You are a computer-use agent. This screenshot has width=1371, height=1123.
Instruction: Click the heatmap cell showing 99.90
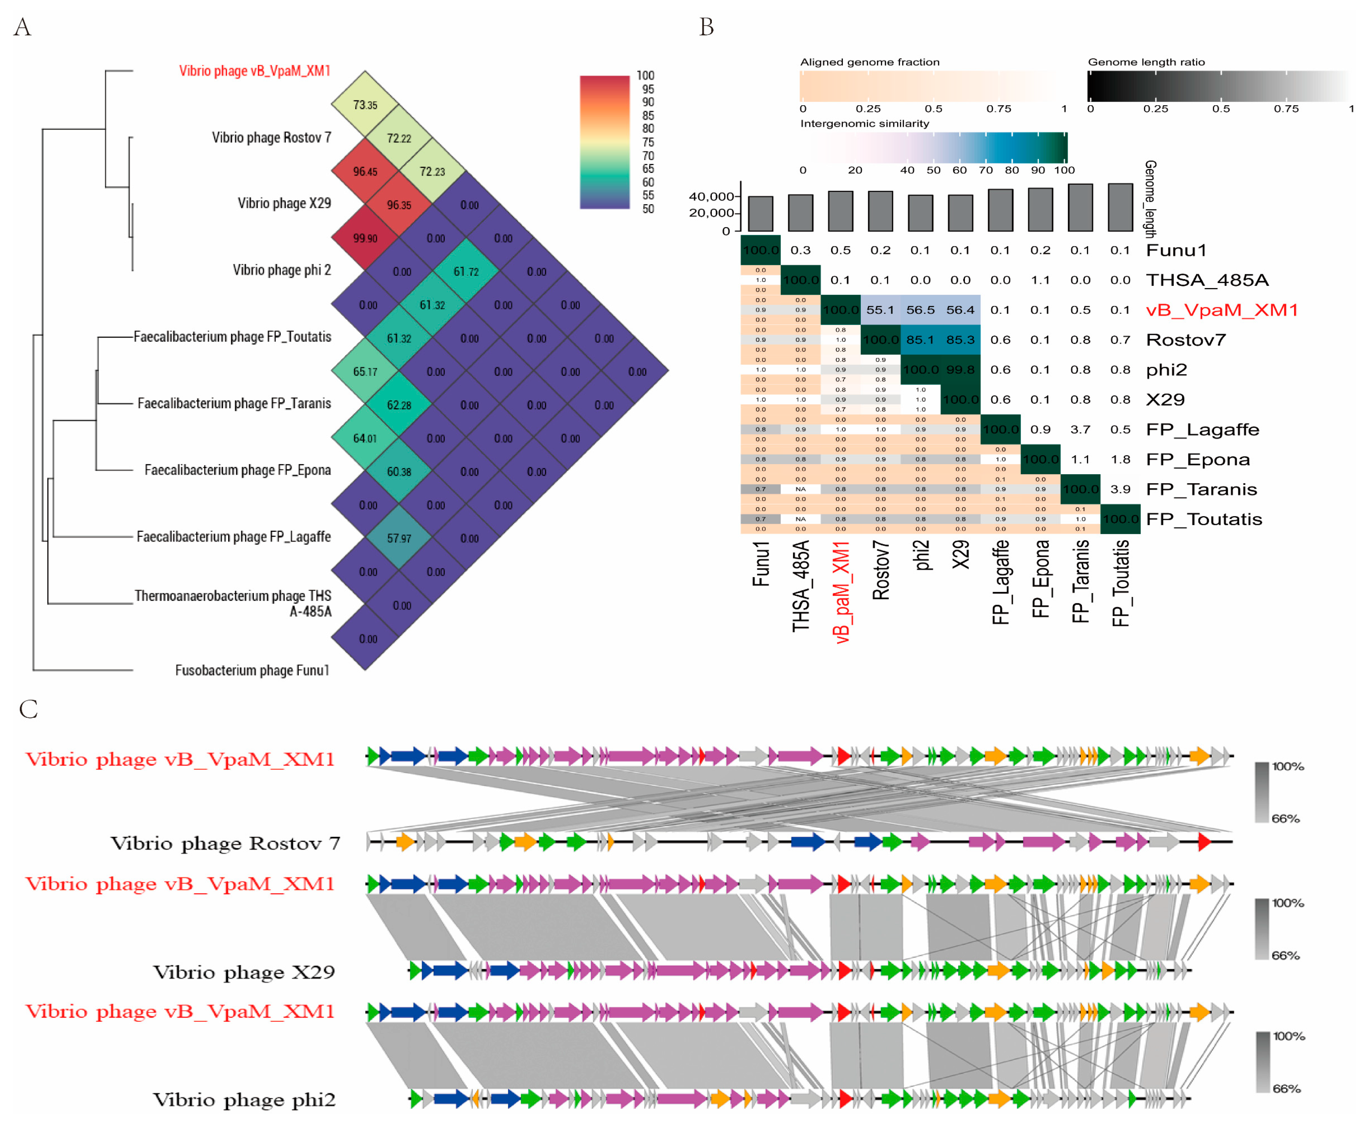(365, 238)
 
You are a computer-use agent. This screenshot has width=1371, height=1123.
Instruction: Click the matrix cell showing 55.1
(880, 310)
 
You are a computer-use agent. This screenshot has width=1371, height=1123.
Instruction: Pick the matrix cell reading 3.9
(1120, 489)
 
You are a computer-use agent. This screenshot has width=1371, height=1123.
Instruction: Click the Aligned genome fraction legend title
(869, 62)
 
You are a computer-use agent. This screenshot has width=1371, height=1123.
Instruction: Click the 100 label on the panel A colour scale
(645, 76)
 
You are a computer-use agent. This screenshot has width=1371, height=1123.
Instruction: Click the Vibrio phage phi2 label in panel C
(244, 1100)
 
